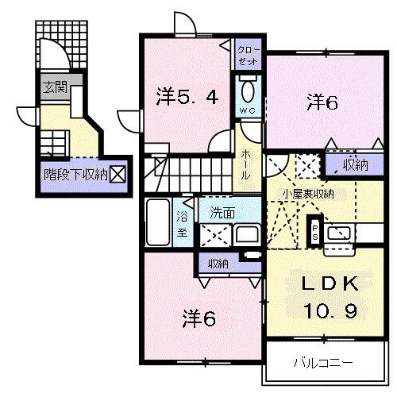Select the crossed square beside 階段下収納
coord(117,174)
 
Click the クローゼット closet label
coord(248,55)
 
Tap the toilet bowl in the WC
coord(246,87)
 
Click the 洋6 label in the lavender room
coord(323,102)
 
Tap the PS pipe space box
coord(314,229)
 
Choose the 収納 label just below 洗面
coord(218,263)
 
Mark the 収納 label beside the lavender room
coord(355,165)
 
